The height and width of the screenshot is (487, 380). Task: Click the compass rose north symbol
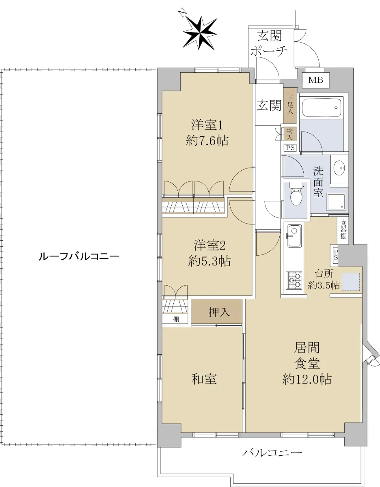199,33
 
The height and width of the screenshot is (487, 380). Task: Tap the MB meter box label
315,80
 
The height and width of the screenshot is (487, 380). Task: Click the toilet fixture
296,194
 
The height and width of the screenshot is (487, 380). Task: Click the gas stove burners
294,280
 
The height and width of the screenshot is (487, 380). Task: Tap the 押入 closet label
219,312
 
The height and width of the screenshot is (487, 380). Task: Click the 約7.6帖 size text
207,141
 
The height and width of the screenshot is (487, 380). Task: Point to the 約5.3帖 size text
209,261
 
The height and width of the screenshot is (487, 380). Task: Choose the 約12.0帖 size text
307,379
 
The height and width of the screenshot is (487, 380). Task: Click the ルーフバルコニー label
79,256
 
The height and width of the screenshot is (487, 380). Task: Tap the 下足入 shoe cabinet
290,106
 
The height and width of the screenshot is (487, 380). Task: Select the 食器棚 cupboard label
343,229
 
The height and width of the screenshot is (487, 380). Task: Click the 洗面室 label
318,182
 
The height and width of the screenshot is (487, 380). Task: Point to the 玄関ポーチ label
269,43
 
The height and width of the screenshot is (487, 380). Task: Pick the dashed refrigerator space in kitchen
351,282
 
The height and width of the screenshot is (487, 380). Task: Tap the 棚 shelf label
176,319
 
